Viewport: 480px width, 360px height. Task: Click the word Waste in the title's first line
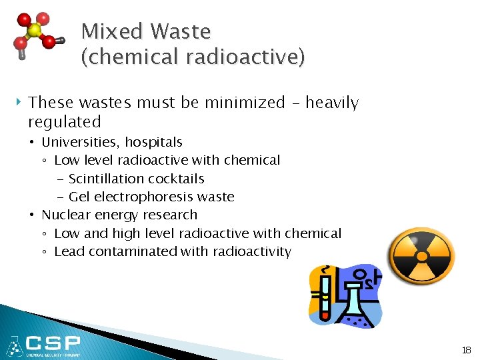180,31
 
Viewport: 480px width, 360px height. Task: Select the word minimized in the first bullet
243,103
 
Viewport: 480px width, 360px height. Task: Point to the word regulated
64,122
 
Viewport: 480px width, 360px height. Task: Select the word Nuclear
65,215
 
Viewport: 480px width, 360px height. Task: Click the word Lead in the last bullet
68,251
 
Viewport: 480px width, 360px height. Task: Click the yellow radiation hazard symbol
421,256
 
